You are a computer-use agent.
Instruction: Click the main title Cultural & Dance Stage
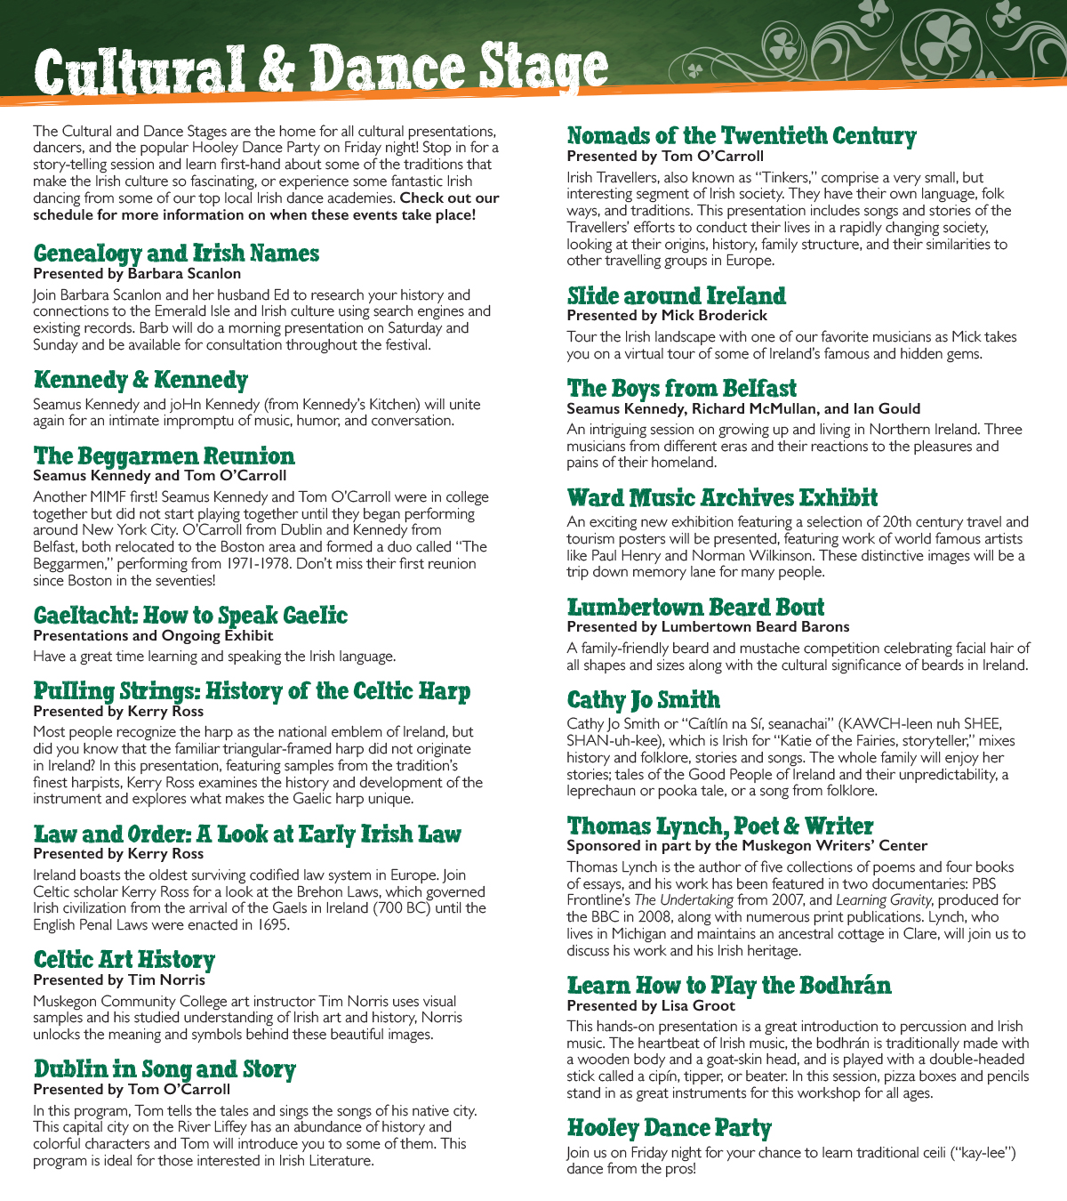tap(320, 69)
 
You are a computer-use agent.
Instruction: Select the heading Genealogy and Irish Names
tap(176, 254)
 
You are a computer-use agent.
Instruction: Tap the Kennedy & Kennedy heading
tap(140, 380)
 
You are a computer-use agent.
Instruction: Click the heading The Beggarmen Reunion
tap(164, 456)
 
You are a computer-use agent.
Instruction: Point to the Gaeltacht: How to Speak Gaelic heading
tap(190, 616)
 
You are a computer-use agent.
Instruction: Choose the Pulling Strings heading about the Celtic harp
tap(252, 691)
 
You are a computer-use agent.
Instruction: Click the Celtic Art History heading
tap(124, 960)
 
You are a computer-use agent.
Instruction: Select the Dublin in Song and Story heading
tap(164, 1069)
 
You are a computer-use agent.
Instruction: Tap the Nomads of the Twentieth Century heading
tap(742, 136)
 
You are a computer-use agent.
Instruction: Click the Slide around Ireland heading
tap(677, 295)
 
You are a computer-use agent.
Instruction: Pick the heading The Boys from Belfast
tap(681, 389)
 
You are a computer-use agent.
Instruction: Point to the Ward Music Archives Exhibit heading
tap(722, 497)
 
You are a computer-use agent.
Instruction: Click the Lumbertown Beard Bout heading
tap(695, 608)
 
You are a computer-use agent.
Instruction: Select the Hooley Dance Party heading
tap(669, 1128)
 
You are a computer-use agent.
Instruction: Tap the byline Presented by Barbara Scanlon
tap(137, 274)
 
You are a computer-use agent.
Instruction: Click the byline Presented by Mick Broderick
tap(667, 316)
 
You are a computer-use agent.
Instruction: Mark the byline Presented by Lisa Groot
tap(651, 1006)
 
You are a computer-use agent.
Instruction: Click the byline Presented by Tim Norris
tap(119, 980)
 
